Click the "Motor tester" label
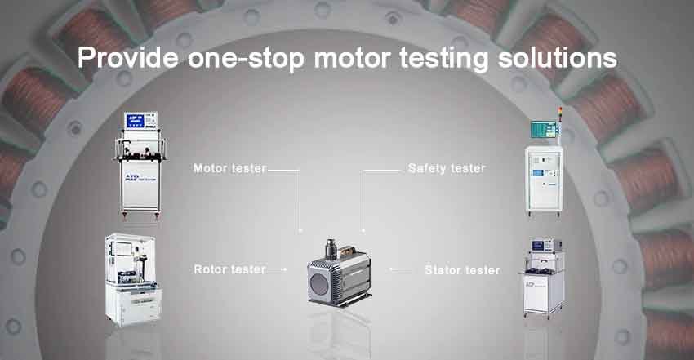(x=229, y=169)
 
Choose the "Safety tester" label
(x=447, y=169)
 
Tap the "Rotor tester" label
(x=229, y=269)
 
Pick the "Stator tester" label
(x=462, y=269)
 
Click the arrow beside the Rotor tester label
(x=278, y=269)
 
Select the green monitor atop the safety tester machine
(x=543, y=128)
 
